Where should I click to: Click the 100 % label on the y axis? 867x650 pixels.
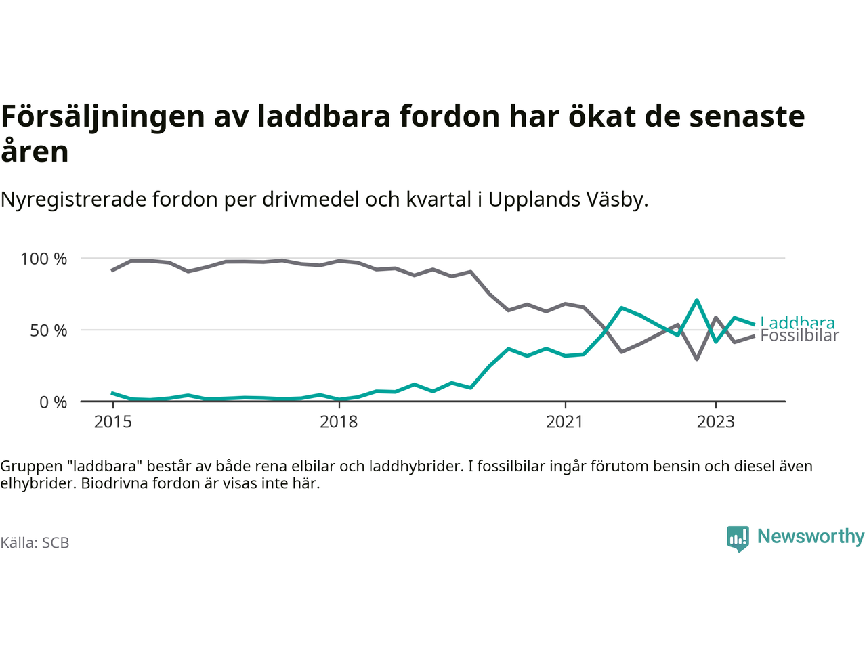[44, 259]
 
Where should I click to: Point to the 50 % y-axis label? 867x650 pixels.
[49, 330]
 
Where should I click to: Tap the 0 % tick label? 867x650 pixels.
[54, 402]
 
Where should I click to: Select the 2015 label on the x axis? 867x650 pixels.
[113, 422]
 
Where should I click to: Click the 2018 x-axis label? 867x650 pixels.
[339, 422]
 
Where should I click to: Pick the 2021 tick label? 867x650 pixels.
[564, 422]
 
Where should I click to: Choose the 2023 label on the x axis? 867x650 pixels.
[715, 422]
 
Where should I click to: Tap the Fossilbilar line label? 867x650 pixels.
[799, 336]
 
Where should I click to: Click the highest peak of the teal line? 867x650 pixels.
[696, 300]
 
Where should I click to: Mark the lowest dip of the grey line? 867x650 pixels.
[696, 359]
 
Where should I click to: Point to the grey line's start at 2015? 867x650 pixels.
[112, 270]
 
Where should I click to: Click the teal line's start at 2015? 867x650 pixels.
[112, 393]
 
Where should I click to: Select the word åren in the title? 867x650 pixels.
[35, 152]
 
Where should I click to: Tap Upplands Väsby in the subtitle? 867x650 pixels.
[566, 200]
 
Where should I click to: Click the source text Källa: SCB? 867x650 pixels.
[35, 543]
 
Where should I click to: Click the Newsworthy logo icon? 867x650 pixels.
[738, 538]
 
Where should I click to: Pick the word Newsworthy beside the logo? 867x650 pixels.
[811, 536]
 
